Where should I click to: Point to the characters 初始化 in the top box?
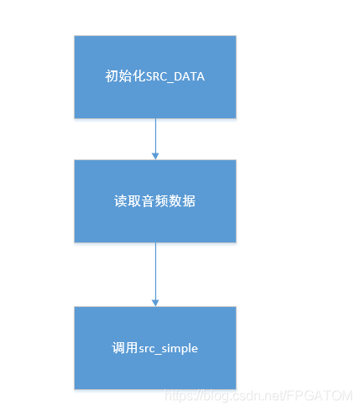pyautogui.click(x=123, y=76)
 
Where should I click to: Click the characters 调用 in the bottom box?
pyautogui.click(x=123, y=348)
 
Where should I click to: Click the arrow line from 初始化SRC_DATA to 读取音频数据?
pyautogui.click(x=155, y=134)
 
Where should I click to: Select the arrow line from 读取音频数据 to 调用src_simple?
pyautogui.click(x=155, y=268)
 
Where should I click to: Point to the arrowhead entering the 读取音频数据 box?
pyautogui.click(x=155, y=155)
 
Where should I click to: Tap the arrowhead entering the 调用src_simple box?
pyautogui.click(x=155, y=302)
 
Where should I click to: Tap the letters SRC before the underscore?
pyautogui.click(x=155, y=76)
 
